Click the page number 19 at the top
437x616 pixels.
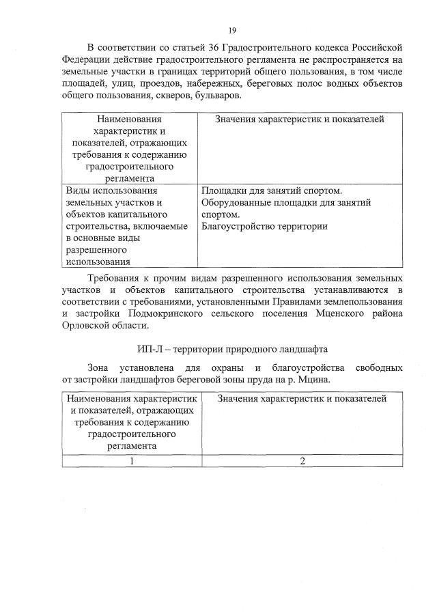tap(232, 30)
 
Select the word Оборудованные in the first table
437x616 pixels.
tap(236, 203)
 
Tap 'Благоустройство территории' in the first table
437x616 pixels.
tap(264, 226)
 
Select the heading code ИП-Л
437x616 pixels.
tap(149, 349)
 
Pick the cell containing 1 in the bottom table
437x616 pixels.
tap(131, 460)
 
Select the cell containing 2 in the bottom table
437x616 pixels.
tap(302, 460)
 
